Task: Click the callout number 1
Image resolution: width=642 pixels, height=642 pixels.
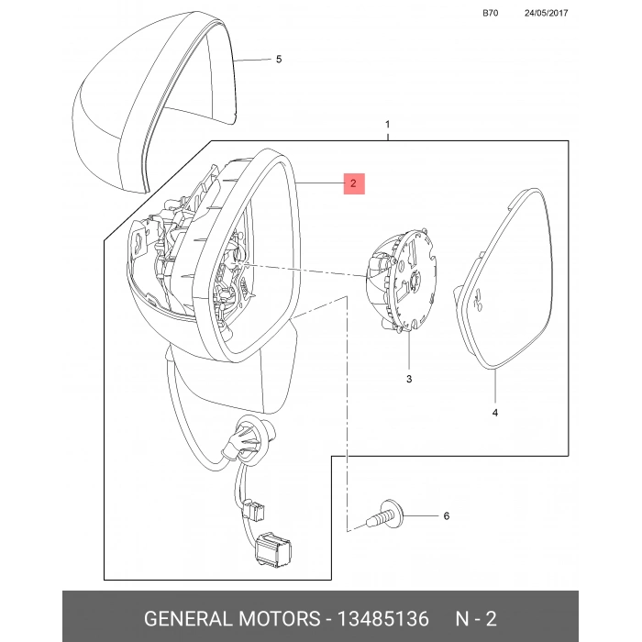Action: [388, 124]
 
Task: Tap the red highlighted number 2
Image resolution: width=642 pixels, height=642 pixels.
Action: [354, 183]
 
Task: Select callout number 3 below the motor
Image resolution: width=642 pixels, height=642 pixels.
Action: [409, 379]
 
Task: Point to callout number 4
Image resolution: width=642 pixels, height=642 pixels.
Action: [495, 413]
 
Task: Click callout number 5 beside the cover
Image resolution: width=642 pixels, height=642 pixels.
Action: [279, 60]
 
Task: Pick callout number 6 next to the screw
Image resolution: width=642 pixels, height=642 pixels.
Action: [447, 515]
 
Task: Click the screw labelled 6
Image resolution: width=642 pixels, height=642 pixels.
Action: [385, 515]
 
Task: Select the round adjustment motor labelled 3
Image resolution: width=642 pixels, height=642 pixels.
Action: [402, 281]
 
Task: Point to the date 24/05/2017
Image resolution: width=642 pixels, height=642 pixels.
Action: [547, 13]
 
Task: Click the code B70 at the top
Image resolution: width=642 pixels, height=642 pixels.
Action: [490, 13]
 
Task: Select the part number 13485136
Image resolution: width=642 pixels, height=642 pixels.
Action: [382, 618]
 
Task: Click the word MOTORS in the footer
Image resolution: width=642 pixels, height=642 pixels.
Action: [280, 618]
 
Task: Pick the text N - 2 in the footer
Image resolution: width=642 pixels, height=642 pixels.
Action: [476, 618]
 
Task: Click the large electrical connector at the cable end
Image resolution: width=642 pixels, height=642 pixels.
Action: [272, 550]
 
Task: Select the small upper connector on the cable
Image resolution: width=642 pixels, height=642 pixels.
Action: [253, 510]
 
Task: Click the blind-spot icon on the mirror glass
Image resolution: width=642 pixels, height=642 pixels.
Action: [478, 299]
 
